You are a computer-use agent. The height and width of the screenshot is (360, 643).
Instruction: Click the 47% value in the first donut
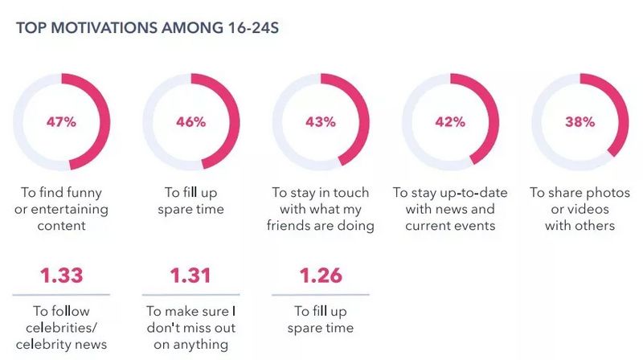[x=60, y=123]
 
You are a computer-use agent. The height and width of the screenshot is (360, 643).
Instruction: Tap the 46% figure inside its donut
[x=190, y=123]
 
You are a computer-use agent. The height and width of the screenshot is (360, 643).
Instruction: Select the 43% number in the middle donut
[x=321, y=123]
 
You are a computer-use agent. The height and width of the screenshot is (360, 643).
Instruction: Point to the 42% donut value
[x=450, y=123]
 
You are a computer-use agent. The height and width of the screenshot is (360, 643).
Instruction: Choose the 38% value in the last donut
[x=579, y=123]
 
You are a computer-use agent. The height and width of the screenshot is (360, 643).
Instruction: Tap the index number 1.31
[x=190, y=276]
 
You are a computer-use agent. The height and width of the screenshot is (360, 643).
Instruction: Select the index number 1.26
[x=321, y=276]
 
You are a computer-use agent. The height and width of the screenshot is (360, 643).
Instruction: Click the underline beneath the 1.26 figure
[x=321, y=294]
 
